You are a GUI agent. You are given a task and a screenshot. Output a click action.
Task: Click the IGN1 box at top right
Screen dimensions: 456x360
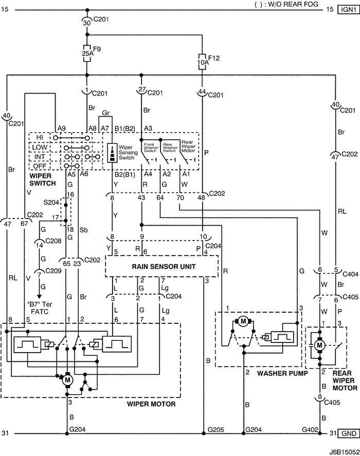349,9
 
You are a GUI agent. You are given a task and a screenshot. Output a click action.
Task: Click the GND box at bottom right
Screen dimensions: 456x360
349,433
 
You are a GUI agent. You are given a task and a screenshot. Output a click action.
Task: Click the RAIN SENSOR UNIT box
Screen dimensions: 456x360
161,266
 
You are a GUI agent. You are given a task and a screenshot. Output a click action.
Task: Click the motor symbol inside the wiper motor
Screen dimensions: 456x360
67,379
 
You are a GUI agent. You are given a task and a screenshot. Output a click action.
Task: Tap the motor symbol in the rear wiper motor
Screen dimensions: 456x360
319,345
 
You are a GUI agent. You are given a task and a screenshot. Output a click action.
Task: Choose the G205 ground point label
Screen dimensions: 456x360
214,428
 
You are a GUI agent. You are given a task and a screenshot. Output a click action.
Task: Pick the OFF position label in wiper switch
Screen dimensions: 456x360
39,166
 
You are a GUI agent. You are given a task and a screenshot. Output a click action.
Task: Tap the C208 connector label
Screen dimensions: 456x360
48,241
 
